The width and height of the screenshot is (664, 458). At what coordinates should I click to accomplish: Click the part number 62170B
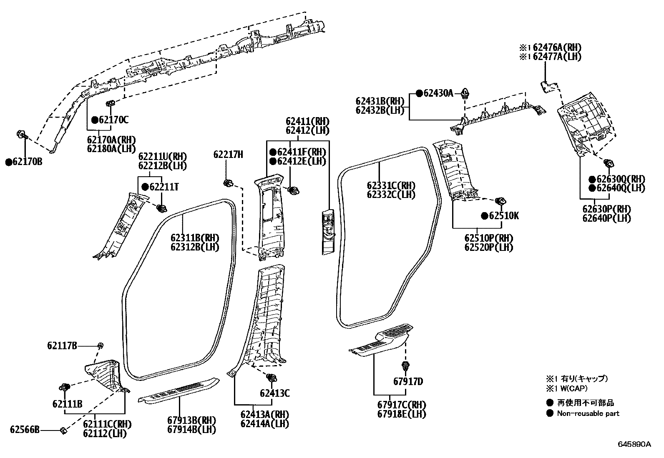tap(28, 162)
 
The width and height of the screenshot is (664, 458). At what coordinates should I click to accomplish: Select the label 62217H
tap(228, 155)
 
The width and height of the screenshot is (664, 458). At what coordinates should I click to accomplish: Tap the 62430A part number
tap(438, 93)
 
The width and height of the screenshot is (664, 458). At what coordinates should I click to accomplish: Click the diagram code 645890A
tap(634, 444)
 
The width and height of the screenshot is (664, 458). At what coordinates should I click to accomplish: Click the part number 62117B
tap(62, 345)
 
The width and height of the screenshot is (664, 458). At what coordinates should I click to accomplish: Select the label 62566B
tap(25, 430)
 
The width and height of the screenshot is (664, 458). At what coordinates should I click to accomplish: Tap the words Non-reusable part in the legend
tap(588, 413)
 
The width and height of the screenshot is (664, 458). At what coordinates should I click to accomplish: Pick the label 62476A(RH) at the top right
tap(556, 48)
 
